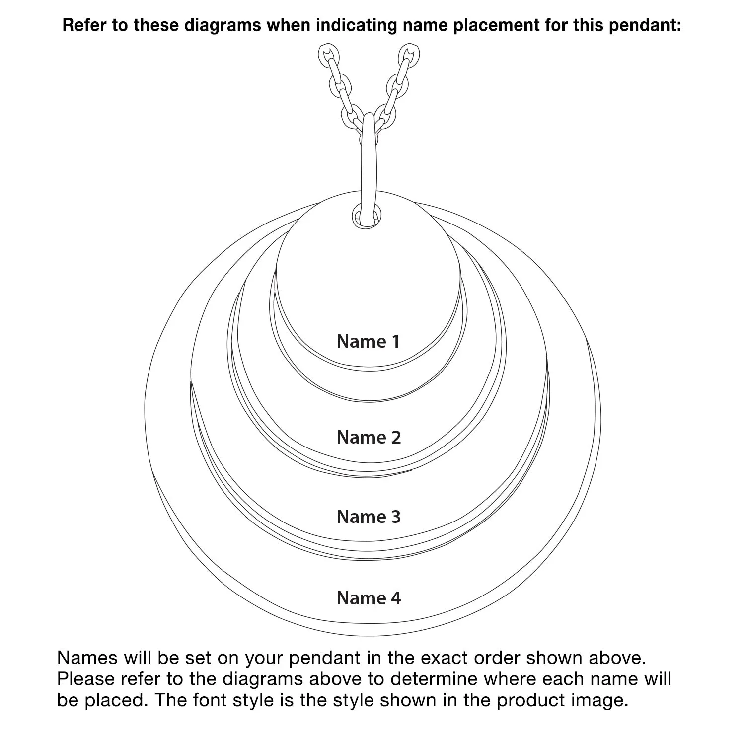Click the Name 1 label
[x=368, y=341]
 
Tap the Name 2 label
[x=369, y=437]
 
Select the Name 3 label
[x=369, y=517]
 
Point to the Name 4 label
[x=369, y=598]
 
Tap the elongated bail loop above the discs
[x=369, y=164]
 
